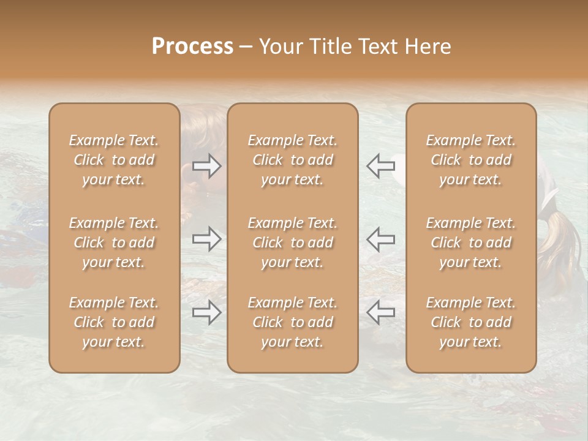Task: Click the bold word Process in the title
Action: [x=192, y=47]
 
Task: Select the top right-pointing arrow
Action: [x=207, y=166]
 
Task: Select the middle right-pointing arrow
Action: [x=207, y=239]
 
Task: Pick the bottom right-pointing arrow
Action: [x=207, y=313]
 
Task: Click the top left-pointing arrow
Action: [x=380, y=166]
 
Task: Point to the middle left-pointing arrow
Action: [x=380, y=239]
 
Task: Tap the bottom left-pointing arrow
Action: [x=380, y=312]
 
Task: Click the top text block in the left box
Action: [x=114, y=160]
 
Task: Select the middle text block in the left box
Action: [x=114, y=243]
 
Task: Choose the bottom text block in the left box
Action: [x=114, y=322]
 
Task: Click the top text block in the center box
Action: [x=293, y=160]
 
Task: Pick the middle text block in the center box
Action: [x=293, y=243]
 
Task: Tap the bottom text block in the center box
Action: [x=293, y=322]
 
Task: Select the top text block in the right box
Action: [x=471, y=160]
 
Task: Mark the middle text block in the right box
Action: [x=471, y=243]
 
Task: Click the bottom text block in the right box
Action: [x=471, y=322]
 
